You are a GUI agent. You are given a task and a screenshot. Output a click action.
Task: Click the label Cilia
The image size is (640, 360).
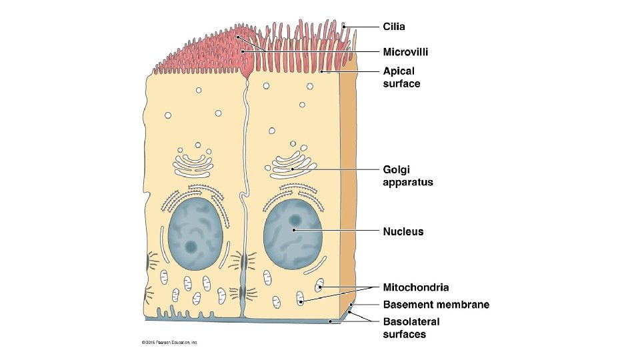click(393, 27)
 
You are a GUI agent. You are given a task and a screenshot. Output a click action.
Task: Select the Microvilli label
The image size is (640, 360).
click(405, 51)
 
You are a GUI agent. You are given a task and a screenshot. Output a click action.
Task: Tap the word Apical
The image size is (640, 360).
click(399, 71)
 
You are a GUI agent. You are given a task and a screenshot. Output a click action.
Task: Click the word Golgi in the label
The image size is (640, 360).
click(396, 169)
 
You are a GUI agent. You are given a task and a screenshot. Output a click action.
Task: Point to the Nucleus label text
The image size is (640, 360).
click(403, 232)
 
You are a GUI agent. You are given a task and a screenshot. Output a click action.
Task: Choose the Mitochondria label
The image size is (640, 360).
click(415, 287)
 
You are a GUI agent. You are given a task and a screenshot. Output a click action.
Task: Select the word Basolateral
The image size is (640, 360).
click(411, 321)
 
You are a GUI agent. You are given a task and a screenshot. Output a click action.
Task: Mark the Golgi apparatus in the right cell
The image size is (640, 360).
click(292, 165)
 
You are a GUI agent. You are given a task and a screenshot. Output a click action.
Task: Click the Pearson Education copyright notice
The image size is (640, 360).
click(169, 343)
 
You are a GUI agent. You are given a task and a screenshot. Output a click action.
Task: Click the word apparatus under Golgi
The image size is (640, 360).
click(407, 182)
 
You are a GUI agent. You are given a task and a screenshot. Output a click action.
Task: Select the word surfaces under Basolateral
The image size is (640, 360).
click(404, 335)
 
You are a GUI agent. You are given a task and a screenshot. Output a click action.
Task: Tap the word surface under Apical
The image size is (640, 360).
click(401, 84)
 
